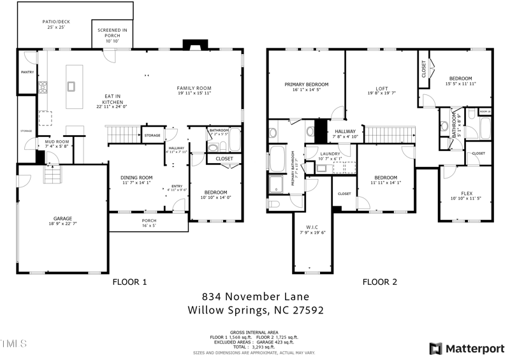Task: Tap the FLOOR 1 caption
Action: tap(130, 282)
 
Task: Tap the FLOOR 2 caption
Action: tap(380, 282)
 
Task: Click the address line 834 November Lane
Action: tap(255, 296)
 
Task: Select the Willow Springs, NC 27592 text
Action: tap(255, 311)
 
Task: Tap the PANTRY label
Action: tap(27, 72)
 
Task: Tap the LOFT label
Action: tap(382, 89)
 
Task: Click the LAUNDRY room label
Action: tap(331, 154)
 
